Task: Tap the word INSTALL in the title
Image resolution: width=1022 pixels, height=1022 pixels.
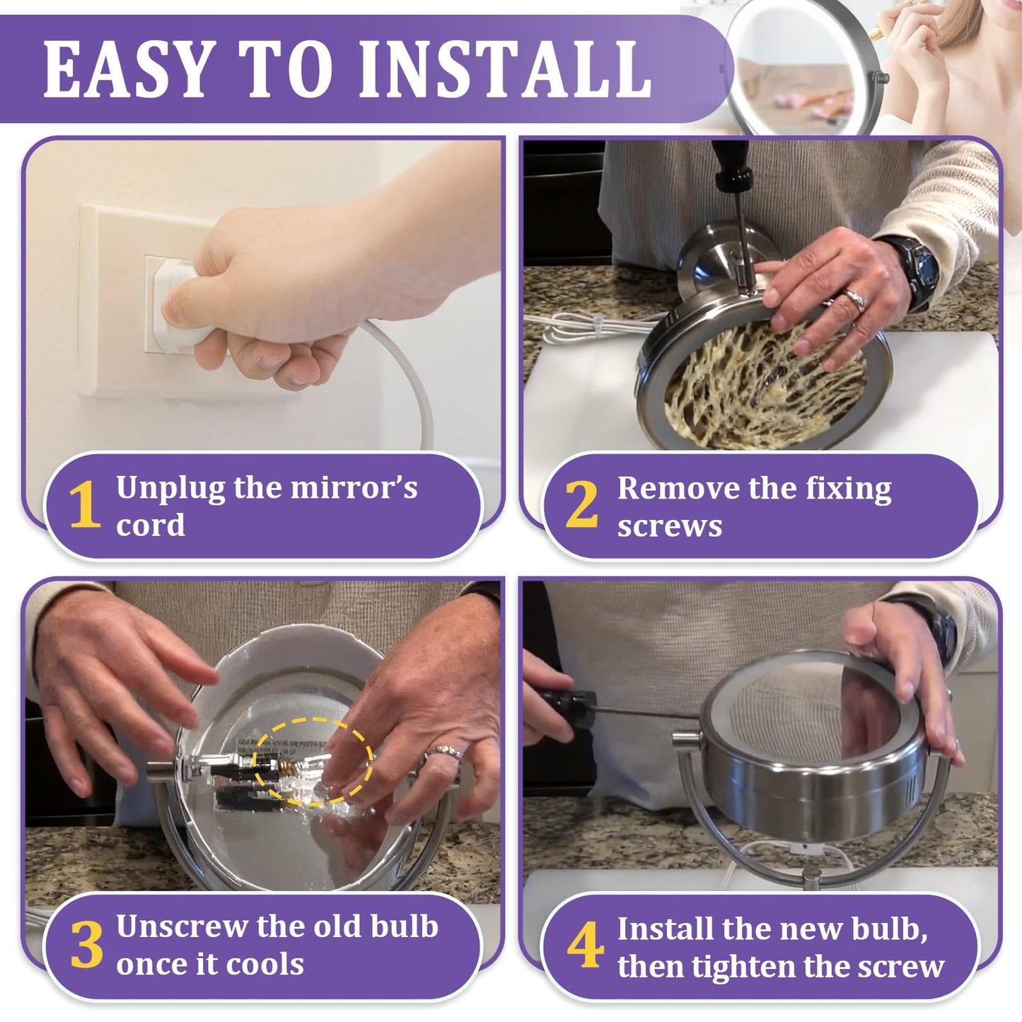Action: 506,69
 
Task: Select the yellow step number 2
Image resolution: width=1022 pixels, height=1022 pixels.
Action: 581,504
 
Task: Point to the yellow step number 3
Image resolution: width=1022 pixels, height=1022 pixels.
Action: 86,945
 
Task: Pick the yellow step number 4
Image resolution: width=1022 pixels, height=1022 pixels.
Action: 585,945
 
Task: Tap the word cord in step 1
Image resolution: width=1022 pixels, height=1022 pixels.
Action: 151,525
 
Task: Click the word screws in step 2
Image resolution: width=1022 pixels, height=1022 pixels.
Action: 669,527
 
